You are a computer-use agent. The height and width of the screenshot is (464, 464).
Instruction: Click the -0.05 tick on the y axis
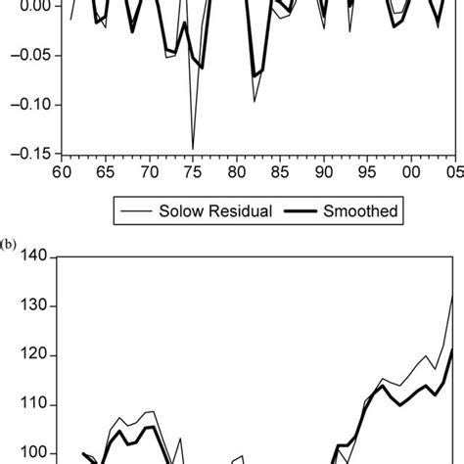pyautogui.click(x=29, y=56)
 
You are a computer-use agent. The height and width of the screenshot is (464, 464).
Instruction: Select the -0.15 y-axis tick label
pyautogui.click(x=29, y=153)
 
